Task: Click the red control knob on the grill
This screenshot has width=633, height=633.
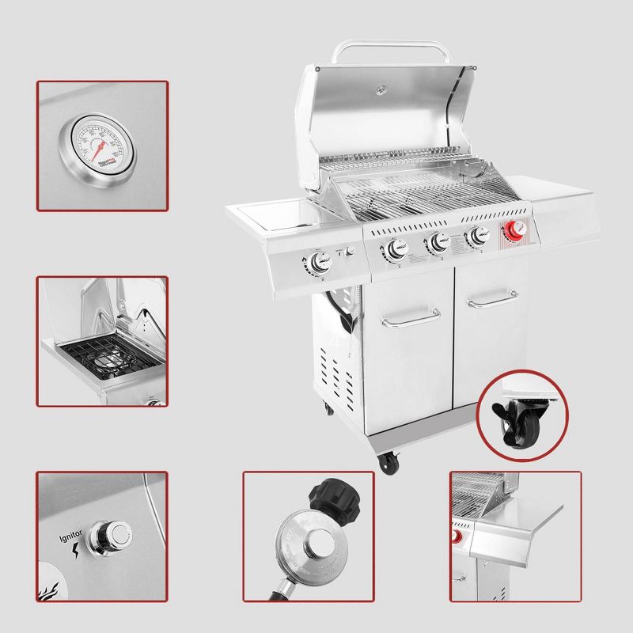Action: point(515,230)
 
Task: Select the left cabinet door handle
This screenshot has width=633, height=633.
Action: point(410,317)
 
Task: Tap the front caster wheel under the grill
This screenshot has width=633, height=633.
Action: point(388,464)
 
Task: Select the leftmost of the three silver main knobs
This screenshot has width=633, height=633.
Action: point(392,251)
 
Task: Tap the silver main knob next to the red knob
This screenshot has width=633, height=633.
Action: point(477,235)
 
